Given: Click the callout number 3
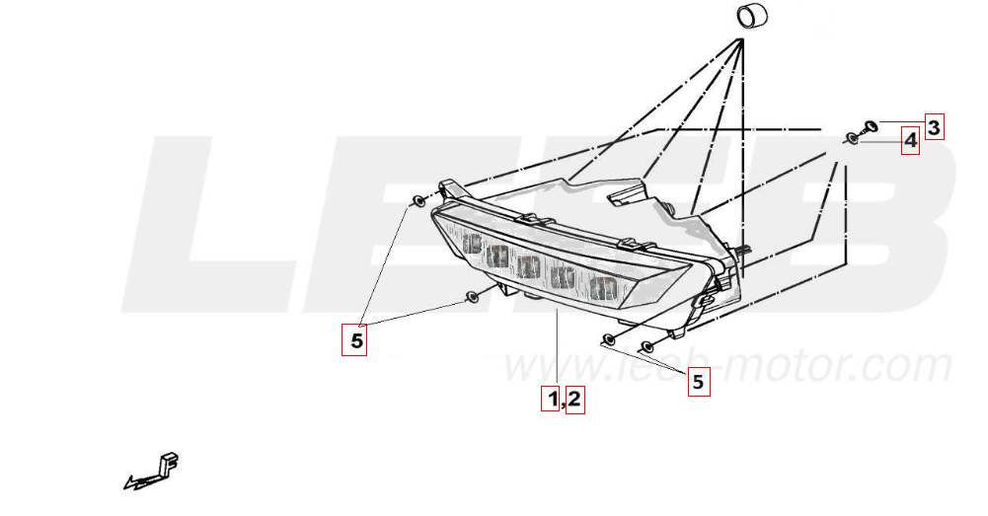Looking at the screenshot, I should click(934, 126).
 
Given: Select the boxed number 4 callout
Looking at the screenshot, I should click(910, 141).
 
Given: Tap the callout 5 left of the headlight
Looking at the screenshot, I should click(356, 341).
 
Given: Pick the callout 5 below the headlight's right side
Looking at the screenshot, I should click(699, 381).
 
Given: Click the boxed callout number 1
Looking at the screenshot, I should click(553, 400).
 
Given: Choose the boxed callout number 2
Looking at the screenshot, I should click(574, 400).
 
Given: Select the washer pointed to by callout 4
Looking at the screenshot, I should click(853, 139).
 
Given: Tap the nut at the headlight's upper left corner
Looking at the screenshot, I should click(419, 201).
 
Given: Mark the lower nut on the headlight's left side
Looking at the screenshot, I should click(473, 297).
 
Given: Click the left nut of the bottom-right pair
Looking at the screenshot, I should click(609, 340).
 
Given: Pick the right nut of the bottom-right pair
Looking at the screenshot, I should click(647, 346).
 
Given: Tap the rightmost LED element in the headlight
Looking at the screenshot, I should click(601, 288).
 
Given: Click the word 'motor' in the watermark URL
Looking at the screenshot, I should click(789, 367).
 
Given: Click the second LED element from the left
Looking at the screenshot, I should click(497, 257).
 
